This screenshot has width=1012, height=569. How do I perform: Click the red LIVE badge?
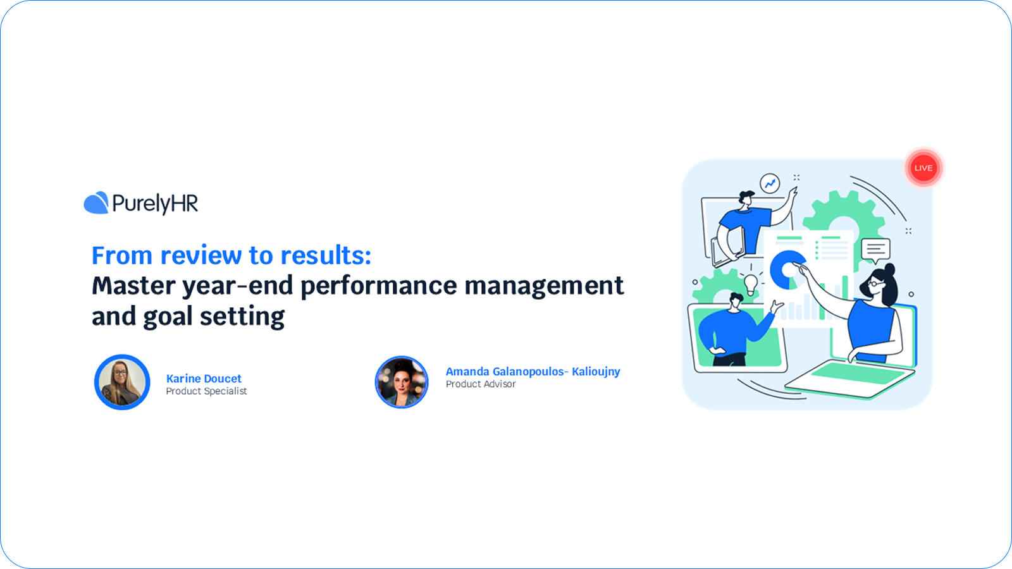point(923,168)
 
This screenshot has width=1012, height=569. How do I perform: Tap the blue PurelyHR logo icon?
point(96,203)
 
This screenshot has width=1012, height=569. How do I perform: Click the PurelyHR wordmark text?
point(155,204)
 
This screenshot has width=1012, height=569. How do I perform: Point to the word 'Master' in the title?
point(133,286)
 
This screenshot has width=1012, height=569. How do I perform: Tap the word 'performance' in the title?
point(378,286)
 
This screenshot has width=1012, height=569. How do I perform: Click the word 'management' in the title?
point(544,286)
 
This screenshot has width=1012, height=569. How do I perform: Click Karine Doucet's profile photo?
point(122,382)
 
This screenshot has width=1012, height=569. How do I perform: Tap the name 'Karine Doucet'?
point(204,379)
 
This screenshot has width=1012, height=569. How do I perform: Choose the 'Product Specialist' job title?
point(206,391)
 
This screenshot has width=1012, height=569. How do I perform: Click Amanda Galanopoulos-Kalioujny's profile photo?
point(402,382)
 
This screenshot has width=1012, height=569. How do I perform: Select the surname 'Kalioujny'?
point(596,372)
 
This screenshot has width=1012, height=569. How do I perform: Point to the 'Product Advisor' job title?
point(481,384)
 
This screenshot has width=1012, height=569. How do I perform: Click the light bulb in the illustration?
point(751,284)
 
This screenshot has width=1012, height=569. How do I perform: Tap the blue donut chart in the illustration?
point(787,269)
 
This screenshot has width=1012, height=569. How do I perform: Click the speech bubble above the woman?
point(876,249)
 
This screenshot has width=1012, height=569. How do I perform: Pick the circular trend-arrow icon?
point(770,184)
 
